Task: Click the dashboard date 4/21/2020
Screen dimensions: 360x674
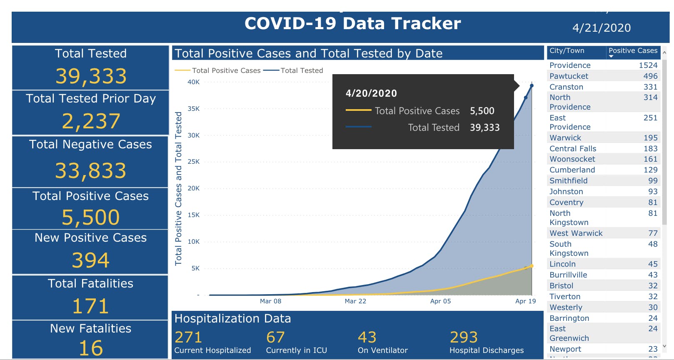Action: tap(601, 28)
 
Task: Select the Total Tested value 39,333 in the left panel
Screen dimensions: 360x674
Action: tap(91, 76)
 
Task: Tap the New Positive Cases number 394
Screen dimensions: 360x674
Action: tap(90, 260)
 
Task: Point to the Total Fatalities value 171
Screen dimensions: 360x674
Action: tap(90, 306)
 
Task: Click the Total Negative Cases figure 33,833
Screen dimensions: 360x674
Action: tap(90, 170)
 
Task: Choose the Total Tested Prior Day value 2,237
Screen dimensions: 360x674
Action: tap(91, 121)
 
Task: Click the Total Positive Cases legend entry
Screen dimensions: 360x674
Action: tap(226, 71)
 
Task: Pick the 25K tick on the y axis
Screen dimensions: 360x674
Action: tap(193, 162)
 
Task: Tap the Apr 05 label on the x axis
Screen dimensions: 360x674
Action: tap(440, 301)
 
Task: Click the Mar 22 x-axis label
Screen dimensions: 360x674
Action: tap(355, 301)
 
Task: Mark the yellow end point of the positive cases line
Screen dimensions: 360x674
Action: tap(532, 266)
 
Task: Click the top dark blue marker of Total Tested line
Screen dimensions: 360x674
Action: tap(532, 86)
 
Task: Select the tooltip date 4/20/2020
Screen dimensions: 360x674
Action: tap(371, 93)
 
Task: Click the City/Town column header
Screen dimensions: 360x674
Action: tap(567, 51)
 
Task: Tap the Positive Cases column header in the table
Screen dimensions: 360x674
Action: tap(633, 51)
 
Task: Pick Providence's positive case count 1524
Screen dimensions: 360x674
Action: tap(648, 65)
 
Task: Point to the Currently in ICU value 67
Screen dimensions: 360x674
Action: tap(275, 337)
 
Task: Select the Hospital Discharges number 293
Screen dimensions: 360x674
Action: tap(464, 337)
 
